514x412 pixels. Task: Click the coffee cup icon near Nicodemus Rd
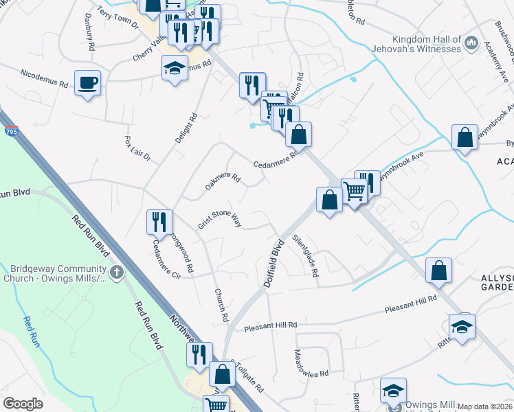[87, 84]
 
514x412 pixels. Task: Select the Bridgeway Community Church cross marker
[117, 273]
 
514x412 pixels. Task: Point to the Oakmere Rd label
[223, 183]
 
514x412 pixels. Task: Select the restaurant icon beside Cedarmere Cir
[159, 222]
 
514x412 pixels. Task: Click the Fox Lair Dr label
[137, 149]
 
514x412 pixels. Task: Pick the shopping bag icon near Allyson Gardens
[438, 271]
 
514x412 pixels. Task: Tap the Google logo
[23, 404]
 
